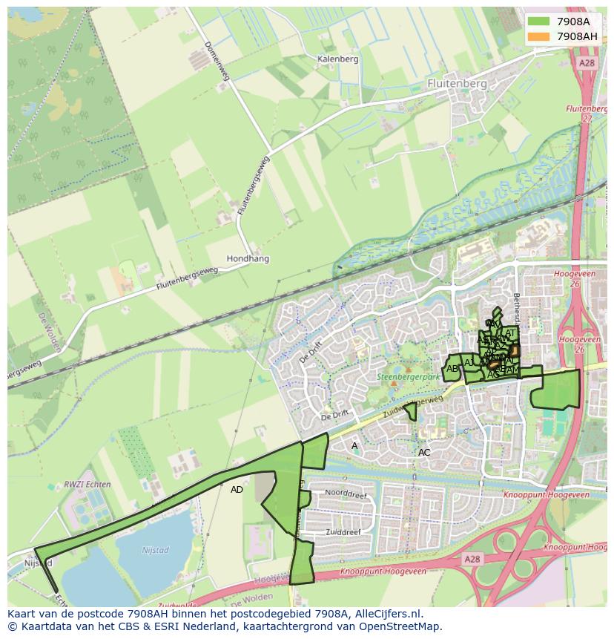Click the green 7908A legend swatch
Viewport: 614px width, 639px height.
pyautogui.click(x=539, y=22)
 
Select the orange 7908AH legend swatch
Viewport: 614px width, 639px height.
pyautogui.click(x=539, y=36)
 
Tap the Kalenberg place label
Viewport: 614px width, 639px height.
pyautogui.click(x=337, y=59)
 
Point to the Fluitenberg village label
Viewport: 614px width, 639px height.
pyautogui.click(x=458, y=84)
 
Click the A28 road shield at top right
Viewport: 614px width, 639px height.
pyautogui.click(x=587, y=63)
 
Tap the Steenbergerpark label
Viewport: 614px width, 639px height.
pyautogui.click(x=409, y=377)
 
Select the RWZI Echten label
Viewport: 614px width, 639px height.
pyautogui.click(x=88, y=485)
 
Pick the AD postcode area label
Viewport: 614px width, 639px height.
pyautogui.click(x=237, y=490)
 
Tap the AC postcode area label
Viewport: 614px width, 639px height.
pyautogui.click(x=424, y=452)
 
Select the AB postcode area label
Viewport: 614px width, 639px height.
pyautogui.click(x=452, y=369)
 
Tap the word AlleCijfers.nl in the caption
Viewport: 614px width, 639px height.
pyautogui.click(x=389, y=614)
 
